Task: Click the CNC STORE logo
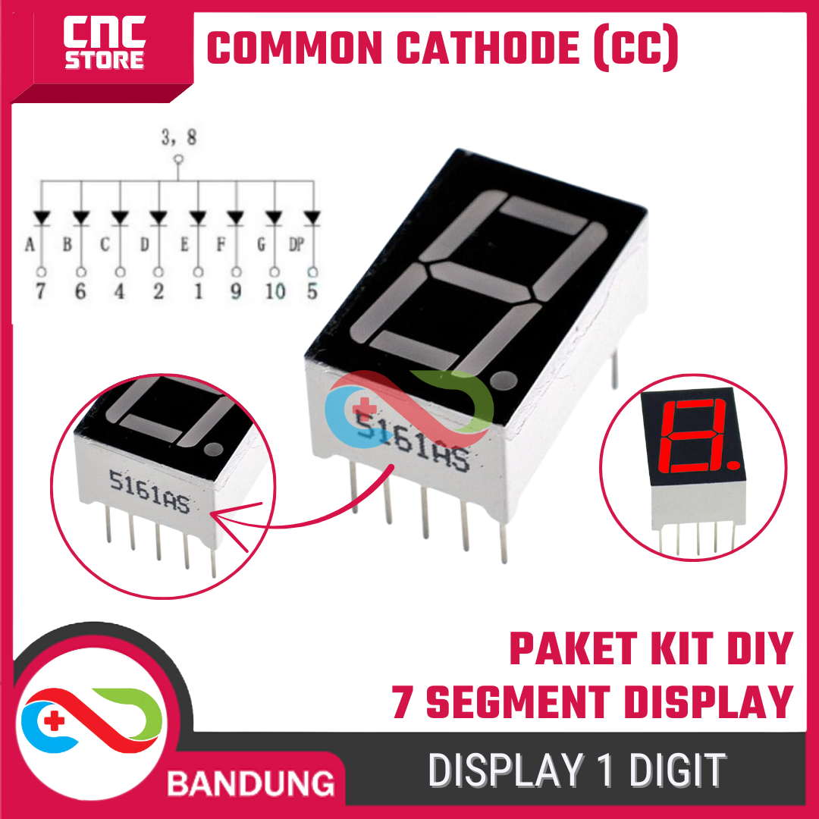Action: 104,42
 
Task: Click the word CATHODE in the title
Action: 488,48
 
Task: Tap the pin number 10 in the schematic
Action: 275,291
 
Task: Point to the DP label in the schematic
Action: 297,244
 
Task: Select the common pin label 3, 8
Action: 179,136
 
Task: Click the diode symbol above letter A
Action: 41,218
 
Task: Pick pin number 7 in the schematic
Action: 41,291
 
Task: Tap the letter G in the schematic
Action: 261,244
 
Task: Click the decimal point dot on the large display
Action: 504,380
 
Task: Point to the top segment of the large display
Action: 543,215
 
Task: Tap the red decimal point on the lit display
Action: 733,464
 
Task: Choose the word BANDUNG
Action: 251,783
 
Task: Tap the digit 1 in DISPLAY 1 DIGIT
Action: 605,770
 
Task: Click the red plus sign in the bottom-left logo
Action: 54,721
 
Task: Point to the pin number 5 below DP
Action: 312,291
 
